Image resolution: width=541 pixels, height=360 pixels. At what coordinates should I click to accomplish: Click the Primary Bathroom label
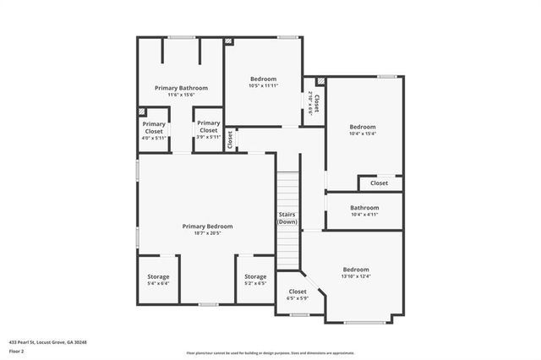(181, 88)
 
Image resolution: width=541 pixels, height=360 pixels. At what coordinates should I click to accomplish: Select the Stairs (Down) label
(287, 218)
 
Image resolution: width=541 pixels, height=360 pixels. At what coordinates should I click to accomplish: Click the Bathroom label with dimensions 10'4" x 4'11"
(364, 208)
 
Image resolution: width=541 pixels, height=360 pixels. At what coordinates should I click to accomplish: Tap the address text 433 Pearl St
(47, 342)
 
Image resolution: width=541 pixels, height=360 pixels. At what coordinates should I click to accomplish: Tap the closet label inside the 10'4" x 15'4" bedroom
(379, 183)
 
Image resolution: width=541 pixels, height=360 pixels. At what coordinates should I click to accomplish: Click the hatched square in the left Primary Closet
(142, 112)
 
